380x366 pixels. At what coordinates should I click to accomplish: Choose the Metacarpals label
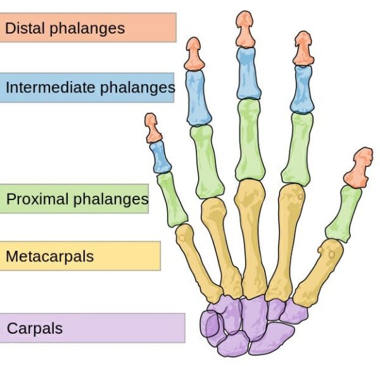coord(80,256)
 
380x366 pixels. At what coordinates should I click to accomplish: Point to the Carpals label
coord(92,328)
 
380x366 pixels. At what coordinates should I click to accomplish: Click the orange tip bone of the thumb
coord(361,167)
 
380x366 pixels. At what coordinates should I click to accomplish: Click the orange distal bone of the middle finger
coord(244,28)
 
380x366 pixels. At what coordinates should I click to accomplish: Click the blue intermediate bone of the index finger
coord(303,88)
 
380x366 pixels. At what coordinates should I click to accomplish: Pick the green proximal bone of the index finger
coord(297,149)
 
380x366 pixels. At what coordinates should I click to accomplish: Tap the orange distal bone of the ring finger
coord(193,54)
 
